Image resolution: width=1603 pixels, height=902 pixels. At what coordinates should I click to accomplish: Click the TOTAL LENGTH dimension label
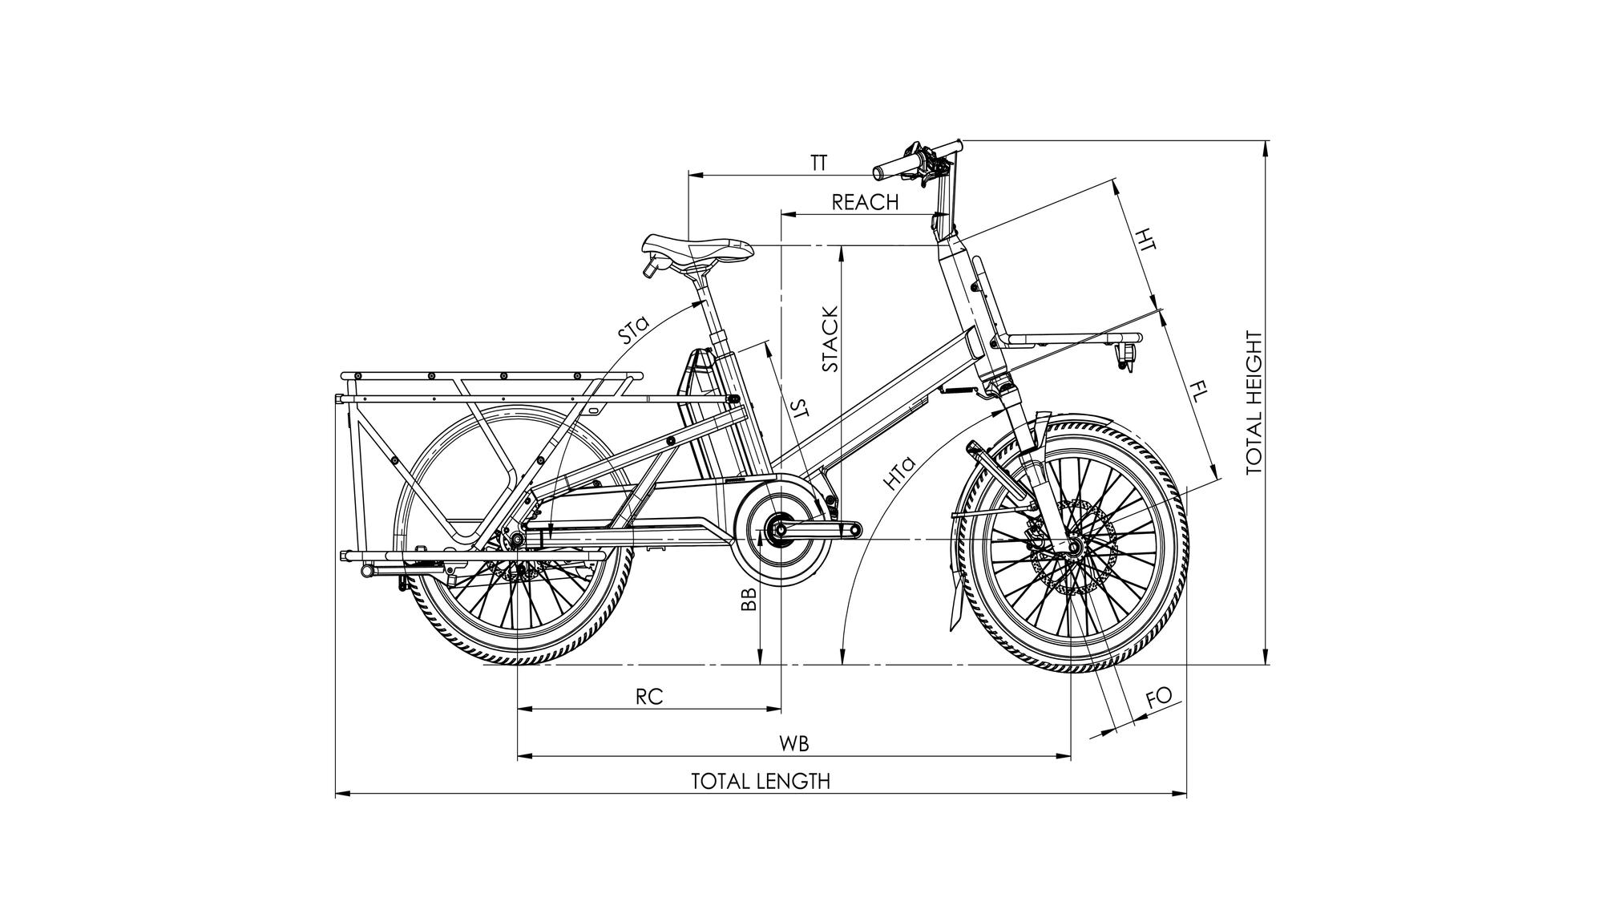pos(761,781)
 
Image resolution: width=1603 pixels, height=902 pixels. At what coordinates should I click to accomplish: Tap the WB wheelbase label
pos(794,743)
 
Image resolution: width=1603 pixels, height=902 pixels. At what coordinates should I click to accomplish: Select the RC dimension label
pos(649,697)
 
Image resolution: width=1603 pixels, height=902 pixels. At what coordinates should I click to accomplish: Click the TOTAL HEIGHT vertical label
pos(1254,403)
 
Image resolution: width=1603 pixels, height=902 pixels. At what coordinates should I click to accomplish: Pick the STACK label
pos(830,338)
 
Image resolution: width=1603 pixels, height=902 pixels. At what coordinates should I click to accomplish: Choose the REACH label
pos(865,202)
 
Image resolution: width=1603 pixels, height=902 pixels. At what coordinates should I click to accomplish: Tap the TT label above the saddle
pos(818,164)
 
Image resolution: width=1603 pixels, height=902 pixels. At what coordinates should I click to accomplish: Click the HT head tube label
pos(1148,240)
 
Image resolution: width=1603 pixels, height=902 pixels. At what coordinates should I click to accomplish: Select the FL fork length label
pos(1198,393)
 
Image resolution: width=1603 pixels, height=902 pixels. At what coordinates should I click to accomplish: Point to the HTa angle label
pos(898,473)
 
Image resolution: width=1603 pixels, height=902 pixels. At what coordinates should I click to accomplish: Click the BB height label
pos(749,598)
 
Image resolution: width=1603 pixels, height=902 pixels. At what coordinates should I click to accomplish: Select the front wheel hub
pos(1071,547)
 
